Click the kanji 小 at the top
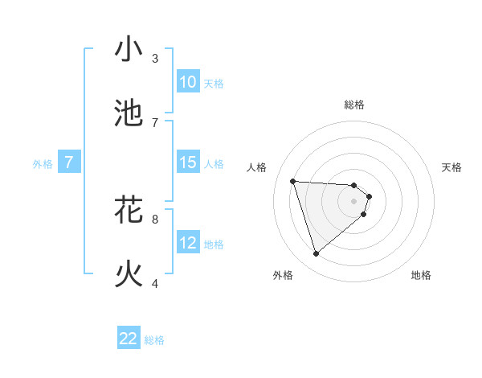click(x=129, y=50)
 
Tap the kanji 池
click(x=129, y=113)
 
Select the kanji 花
click(x=129, y=211)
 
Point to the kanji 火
click(x=129, y=274)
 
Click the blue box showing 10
click(x=187, y=82)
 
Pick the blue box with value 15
click(x=187, y=162)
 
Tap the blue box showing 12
click(x=187, y=243)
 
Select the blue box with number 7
click(x=69, y=162)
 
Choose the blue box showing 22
click(x=129, y=339)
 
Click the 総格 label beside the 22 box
click(x=154, y=340)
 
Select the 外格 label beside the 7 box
click(x=43, y=164)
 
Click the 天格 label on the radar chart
click(x=451, y=167)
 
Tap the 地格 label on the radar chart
click(x=421, y=275)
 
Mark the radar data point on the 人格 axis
click(x=293, y=181)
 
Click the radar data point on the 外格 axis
click(x=316, y=254)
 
